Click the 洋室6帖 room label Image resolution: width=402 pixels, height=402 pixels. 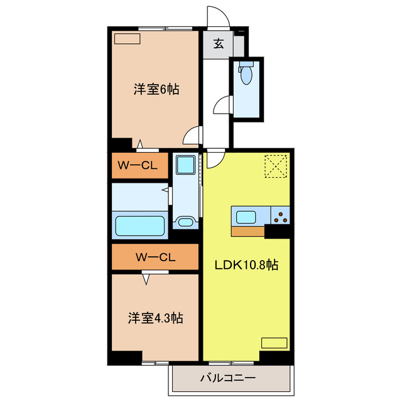click(x=156, y=90)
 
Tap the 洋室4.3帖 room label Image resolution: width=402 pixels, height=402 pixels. click(x=157, y=318)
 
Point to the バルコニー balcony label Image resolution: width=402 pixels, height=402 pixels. click(x=228, y=378)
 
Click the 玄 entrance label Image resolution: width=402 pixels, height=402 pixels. click(x=219, y=44)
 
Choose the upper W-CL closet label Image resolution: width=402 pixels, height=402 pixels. click(x=139, y=166)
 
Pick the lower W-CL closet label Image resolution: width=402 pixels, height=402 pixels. click(x=155, y=256)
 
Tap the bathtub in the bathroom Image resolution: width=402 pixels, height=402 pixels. click(x=139, y=225)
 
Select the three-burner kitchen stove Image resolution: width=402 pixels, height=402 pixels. click(x=280, y=217)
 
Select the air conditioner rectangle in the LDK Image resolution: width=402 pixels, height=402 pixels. click(x=274, y=343)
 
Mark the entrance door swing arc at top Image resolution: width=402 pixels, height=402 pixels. click(x=216, y=16)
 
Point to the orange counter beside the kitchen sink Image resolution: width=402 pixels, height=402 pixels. click(x=247, y=231)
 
